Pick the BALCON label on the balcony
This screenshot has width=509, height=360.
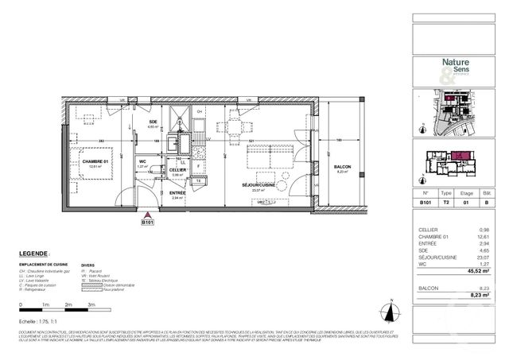[x=343, y=166]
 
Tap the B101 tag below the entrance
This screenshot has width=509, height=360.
[x=147, y=223]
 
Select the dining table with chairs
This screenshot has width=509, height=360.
[x=235, y=126]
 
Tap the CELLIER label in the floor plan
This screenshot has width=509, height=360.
[x=177, y=170]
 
